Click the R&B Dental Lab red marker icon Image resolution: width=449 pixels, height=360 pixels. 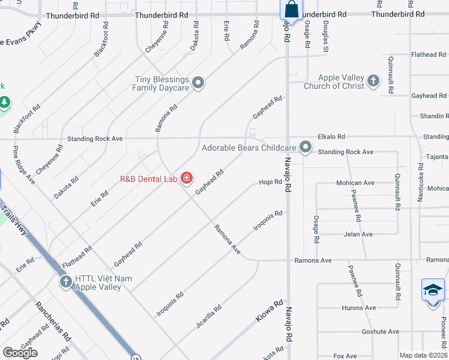coord(186,178)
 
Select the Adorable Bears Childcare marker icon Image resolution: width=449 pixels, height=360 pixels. coord(306,147)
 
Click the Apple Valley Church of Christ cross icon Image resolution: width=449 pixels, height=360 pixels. coord(373,81)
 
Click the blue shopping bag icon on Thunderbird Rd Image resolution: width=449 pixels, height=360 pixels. coord(291,10)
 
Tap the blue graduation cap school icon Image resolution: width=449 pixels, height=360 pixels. coord(432,291)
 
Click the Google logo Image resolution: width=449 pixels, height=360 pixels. coord(20,353)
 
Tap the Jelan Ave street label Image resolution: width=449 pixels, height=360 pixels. coord(358,234)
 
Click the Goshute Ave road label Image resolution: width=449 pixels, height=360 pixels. coord(380,331)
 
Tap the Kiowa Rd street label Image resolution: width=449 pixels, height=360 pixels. coord(270,311)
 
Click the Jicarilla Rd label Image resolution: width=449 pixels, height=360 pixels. coord(208,316)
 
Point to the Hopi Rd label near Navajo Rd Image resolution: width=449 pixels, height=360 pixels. coord(270,182)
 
